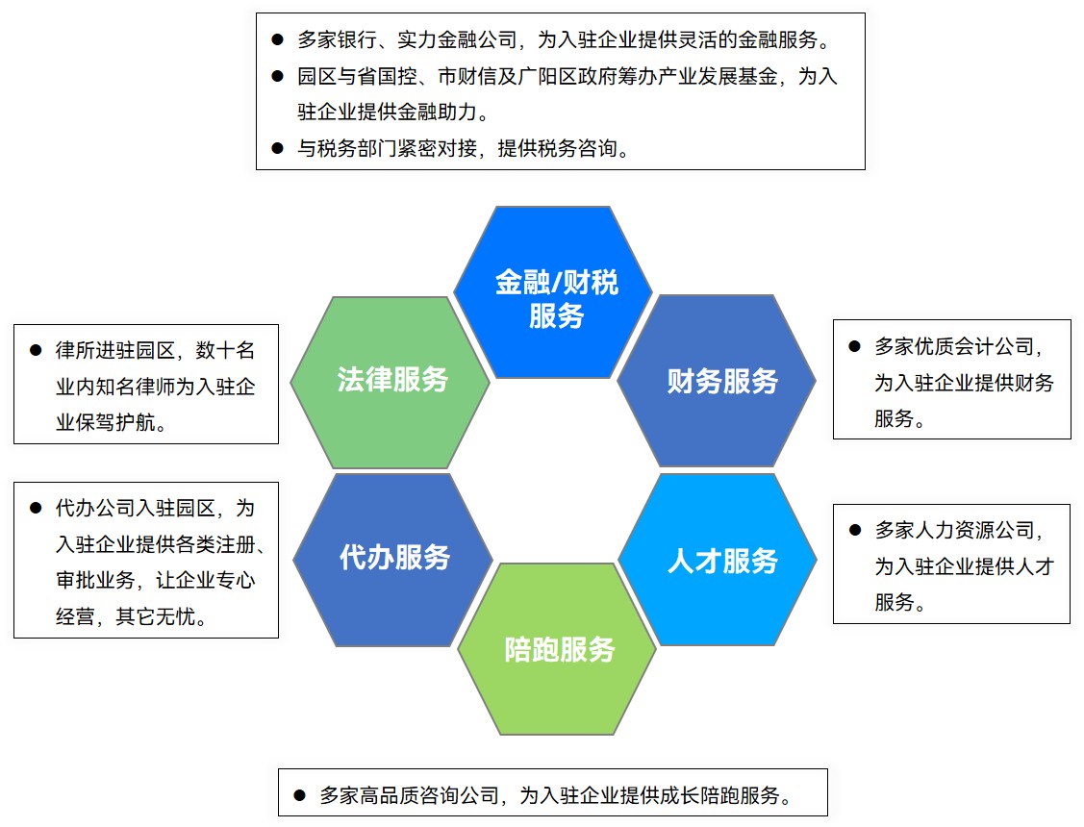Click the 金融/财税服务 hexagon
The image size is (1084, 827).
pos(554,293)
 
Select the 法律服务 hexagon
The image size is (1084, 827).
pos(391,381)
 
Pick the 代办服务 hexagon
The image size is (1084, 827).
pos(393,558)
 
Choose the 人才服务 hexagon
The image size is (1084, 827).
pos(720,561)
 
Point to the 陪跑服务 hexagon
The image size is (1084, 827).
pos(558,650)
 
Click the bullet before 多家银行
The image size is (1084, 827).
pos(277,39)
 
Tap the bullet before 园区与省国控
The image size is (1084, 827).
pos(277,76)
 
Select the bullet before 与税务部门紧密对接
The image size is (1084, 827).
pos(277,148)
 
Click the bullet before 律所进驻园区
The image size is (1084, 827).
pos(36,350)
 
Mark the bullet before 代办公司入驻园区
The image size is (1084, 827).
pos(36,507)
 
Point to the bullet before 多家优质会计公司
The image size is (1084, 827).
pos(854,345)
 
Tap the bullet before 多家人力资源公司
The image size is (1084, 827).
pos(854,530)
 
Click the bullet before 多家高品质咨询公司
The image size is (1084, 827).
pos(299,795)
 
